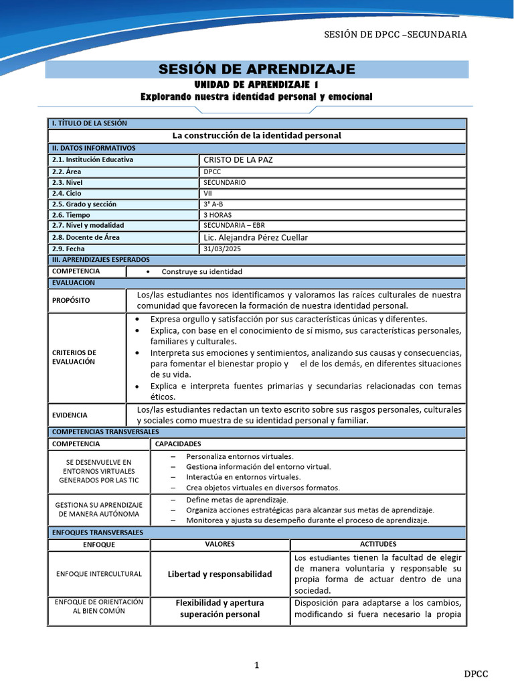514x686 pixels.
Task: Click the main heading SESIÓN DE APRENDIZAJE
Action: [256, 70]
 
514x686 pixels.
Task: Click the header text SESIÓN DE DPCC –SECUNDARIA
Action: [395, 35]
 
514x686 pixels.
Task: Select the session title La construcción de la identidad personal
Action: [256, 135]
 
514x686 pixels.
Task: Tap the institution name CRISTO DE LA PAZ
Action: [238, 159]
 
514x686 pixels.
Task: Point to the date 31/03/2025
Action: [222, 249]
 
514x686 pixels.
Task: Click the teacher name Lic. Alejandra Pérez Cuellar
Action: [255, 237]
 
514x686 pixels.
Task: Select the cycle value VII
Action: [208, 193]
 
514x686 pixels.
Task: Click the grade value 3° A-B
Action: [214, 204]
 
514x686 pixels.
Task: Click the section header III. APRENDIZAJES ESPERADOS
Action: [100, 259]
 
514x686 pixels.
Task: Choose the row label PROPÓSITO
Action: [70, 300]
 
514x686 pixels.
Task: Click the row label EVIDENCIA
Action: [70, 415]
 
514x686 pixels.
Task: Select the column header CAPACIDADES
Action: [178, 443]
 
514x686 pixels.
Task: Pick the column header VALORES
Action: [220, 544]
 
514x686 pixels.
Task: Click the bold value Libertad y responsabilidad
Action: [220, 574]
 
